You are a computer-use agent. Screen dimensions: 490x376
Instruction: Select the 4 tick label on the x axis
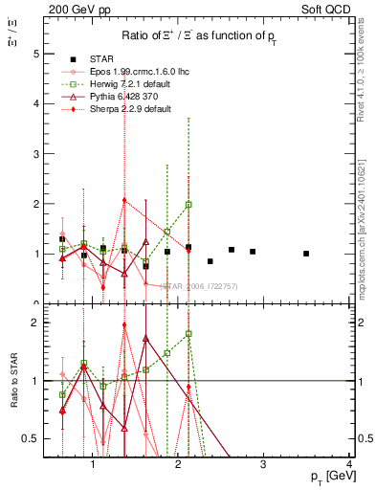pos(349,464)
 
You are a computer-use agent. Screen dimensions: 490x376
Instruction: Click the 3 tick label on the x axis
pos(264,464)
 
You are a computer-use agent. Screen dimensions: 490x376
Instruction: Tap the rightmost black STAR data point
pos(306,254)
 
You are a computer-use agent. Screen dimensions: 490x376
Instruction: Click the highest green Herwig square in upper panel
pos(188,205)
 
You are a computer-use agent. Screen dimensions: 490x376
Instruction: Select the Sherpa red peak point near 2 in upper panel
pos(124,200)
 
